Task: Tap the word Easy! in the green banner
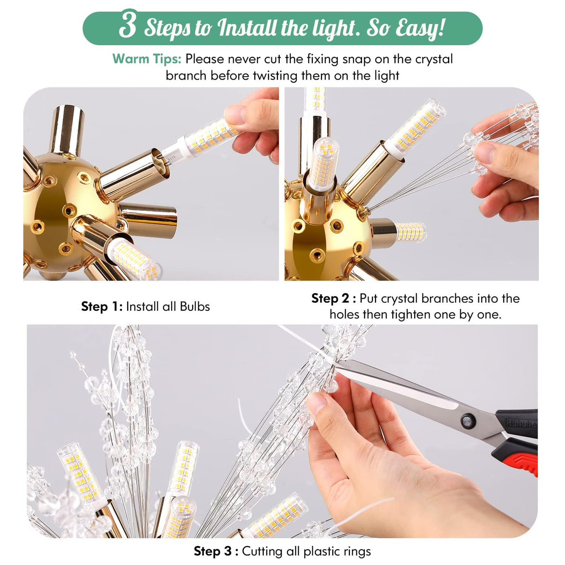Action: coord(420,28)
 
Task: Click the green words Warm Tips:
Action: coord(147,59)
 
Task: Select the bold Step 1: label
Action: coord(101,306)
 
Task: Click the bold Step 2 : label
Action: coord(333,298)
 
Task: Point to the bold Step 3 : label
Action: coord(216,551)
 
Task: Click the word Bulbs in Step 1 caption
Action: coord(195,306)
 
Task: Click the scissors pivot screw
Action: coord(466,422)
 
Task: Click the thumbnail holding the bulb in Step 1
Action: coord(235,114)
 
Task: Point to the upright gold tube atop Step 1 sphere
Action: coord(67,128)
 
